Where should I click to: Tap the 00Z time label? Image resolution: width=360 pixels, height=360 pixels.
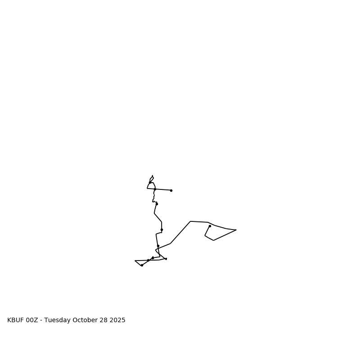pos(32,320)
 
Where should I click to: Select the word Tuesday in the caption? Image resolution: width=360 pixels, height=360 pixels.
pos(58,320)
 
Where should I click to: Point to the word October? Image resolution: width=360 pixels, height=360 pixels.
pos(85,320)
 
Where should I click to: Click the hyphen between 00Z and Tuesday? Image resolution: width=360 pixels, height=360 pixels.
pos(41,320)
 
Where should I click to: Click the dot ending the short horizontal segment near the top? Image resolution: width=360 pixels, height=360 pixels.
pos(171,190)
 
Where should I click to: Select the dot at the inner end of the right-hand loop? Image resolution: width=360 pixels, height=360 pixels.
pos(210,226)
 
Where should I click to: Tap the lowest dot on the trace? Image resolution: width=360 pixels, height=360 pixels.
pos(142,265)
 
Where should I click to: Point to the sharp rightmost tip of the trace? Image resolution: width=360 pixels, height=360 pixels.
pos(236,230)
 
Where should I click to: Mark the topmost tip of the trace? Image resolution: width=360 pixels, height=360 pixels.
pos(153,175)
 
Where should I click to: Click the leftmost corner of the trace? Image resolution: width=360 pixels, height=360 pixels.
pos(135,261)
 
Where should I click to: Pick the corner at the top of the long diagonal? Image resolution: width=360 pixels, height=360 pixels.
pos(190,221)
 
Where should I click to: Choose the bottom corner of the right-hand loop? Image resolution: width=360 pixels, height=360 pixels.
pos(213,240)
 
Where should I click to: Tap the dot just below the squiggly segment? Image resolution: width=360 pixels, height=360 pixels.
pos(157,204)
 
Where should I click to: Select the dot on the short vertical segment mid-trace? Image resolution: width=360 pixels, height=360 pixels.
pos(162,229)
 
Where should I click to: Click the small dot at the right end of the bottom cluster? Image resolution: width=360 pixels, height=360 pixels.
pos(166,259)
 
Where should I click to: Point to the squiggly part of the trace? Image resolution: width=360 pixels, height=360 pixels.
pos(154,196)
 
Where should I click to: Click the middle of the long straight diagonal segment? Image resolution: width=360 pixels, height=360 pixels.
pos(180,232)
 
